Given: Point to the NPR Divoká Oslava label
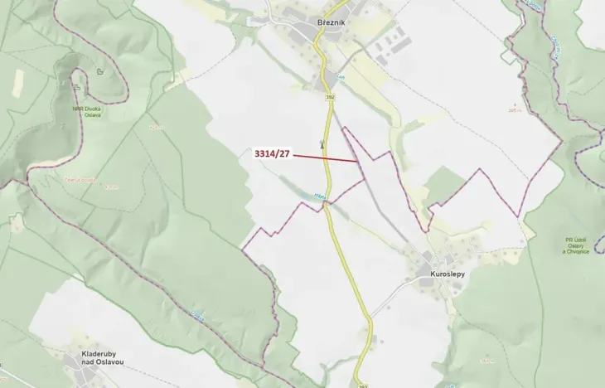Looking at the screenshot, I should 86,112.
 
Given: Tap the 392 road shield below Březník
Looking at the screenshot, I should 329,97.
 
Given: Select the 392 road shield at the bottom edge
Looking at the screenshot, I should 362,385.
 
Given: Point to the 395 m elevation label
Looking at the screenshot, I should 515,109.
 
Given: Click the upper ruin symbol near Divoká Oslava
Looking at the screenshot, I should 99,72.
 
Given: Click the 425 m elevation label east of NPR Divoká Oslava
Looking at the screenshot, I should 154,128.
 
